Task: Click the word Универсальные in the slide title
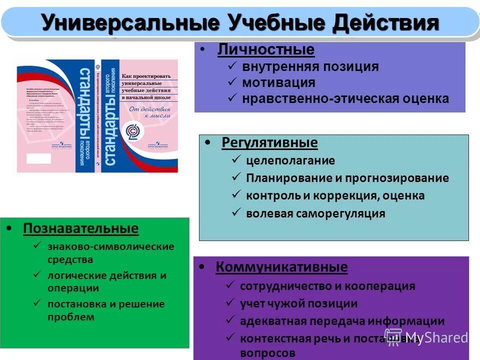click(130, 22)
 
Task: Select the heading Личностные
click(266, 50)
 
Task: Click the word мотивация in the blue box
click(279, 82)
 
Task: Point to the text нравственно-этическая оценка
click(345, 98)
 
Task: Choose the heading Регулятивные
click(269, 143)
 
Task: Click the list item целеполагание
click(290, 161)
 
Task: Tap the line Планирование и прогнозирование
click(347, 178)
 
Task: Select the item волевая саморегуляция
click(315, 213)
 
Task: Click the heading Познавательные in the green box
click(80, 229)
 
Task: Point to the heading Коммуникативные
click(281, 267)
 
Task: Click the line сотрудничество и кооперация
click(327, 286)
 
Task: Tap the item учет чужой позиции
click(299, 303)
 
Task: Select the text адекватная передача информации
click(342, 321)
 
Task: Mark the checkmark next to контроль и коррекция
click(236, 195)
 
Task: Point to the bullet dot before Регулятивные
click(208, 143)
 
